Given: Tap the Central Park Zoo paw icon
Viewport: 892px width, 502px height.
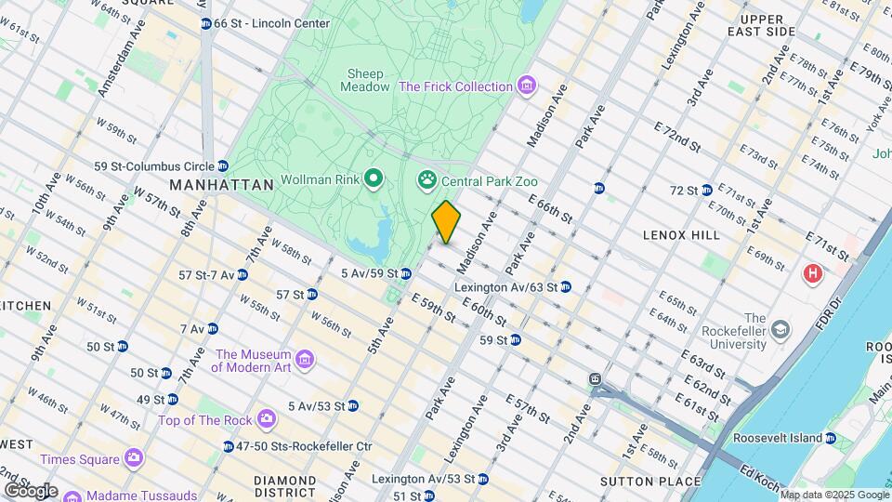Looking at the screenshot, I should coord(427,179).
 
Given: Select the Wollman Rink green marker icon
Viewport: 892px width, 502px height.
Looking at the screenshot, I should coord(374,178).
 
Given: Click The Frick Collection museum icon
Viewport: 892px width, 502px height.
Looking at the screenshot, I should coord(527,86).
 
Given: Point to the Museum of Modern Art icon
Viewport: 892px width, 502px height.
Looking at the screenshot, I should coord(304,360).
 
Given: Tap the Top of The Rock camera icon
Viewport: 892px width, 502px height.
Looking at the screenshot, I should coord(266,420).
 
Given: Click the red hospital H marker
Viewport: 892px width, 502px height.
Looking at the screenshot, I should coord(813,274).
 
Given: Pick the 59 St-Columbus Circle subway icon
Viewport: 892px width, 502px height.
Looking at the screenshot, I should coord(222,166).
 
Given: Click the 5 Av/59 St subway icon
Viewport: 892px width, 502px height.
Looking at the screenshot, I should coord(406,273).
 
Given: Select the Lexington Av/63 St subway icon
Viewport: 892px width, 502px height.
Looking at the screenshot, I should coord(565,287).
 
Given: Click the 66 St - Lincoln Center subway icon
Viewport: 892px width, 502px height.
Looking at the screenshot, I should coord(205,22).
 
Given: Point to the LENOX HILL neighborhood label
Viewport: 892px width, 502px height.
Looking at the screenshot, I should coord(681,235).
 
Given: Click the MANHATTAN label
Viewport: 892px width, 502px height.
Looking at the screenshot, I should coord(222,185).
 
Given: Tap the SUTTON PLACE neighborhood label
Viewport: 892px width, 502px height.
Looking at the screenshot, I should coord(649,481).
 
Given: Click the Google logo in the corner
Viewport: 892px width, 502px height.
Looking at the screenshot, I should coord(31,490).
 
